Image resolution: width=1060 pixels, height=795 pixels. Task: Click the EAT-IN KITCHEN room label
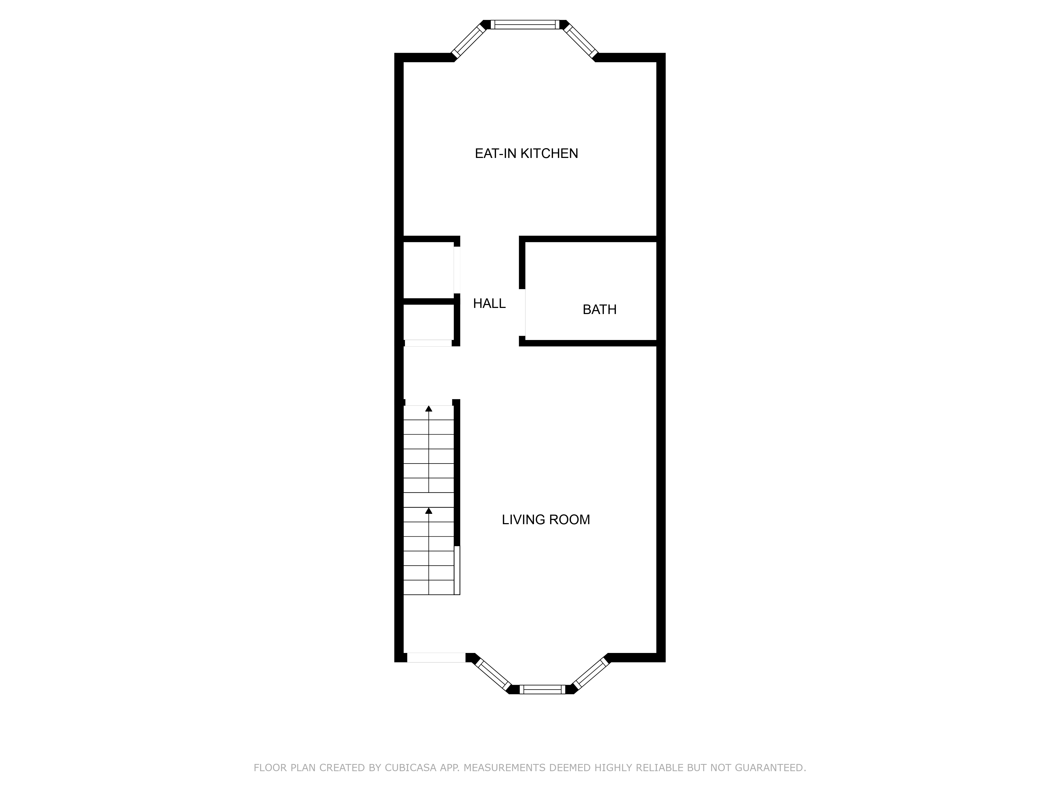click(x=526, y=153)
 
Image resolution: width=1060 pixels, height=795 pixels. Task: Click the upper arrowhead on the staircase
click(x=429, y=409)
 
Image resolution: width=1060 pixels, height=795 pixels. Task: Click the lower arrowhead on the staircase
click(x=429, y=511)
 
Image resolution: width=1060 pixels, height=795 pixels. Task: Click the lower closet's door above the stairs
click(x=428, y=343)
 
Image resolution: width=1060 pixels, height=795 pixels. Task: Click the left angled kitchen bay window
click(x=469, y=40)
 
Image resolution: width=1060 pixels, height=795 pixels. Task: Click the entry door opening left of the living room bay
click(x=436, y=657)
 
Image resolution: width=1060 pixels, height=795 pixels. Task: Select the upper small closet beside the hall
click(x=428, y=270)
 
